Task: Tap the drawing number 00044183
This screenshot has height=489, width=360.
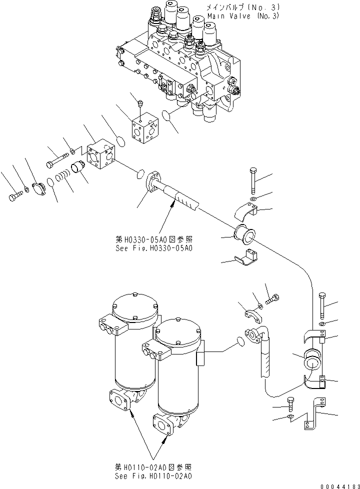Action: [x=338, y=483]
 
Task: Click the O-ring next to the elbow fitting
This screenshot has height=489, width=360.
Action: [x=241, y=341]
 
